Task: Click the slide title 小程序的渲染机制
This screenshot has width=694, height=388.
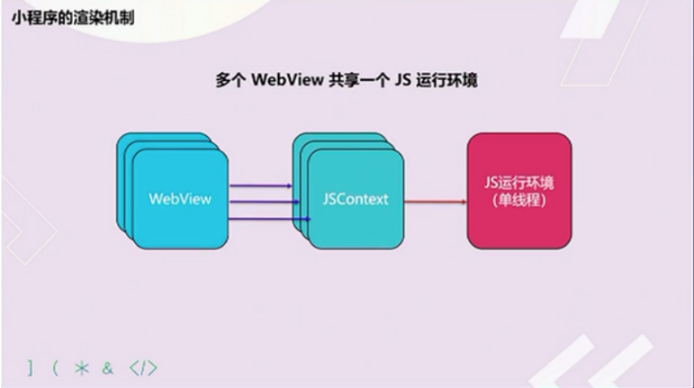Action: coord(73,18)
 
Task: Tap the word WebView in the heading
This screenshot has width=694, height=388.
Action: coord(287,80)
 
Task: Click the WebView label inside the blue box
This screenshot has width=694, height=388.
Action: coord(180,199)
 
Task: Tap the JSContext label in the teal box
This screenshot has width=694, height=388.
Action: coord(356,199)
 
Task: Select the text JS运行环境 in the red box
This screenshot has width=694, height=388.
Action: coord(518,183)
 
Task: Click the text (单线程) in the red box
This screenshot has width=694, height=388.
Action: coord(518,201)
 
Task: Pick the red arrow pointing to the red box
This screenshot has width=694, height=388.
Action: coord(436,202)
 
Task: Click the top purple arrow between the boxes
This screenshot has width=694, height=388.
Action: coord(261,185)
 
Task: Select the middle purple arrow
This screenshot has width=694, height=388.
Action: coord(265,202)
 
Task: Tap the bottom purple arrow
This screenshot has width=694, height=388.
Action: coord(269,219)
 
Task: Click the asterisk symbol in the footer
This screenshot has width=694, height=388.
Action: coord(82,368)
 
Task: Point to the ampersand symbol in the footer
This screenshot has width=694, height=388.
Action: coord(107,368)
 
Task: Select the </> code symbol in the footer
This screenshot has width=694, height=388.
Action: coord(143,368)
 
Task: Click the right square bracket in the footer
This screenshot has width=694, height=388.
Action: coord(30,368)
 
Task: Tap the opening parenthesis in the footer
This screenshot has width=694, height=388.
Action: coord(55,368)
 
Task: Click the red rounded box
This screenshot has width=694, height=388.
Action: coord(519,191)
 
